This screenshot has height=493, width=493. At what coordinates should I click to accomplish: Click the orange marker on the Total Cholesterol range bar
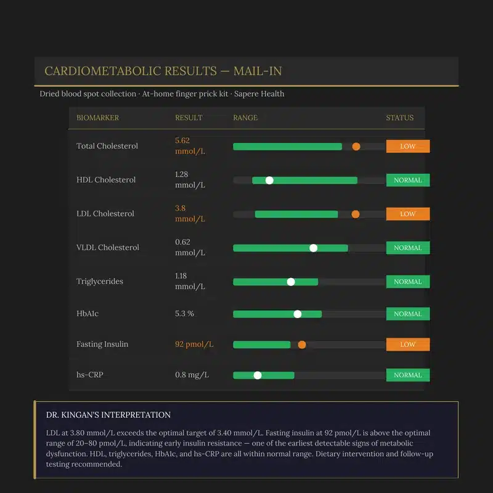356,146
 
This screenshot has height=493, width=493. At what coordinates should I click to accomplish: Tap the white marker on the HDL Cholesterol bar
269,180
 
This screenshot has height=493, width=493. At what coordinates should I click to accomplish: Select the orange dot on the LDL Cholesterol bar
356,214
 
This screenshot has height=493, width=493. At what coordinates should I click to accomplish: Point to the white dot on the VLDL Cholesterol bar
313,248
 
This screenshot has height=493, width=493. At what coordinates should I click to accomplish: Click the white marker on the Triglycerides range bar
291,282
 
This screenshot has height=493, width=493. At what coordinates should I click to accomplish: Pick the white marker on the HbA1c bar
298,314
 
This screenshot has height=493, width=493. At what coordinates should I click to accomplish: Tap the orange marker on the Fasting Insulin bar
302,344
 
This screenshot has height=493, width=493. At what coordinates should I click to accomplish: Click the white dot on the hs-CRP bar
258,375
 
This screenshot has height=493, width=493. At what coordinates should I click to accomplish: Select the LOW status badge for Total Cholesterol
407,146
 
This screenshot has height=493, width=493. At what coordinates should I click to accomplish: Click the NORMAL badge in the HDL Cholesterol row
407,180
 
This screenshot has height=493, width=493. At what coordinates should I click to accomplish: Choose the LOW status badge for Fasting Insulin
407,344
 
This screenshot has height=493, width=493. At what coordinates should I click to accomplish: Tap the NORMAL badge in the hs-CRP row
407,375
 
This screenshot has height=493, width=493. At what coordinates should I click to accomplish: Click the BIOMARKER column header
97,118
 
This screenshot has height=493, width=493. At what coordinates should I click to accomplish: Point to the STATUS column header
400,118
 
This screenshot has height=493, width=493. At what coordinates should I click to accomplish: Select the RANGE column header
245,118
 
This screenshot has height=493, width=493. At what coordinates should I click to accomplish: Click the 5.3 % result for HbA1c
184,314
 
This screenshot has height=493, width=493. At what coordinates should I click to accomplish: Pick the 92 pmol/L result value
194,344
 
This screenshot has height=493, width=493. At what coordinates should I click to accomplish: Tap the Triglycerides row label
100,282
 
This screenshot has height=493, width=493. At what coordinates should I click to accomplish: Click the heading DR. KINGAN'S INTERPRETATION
108,415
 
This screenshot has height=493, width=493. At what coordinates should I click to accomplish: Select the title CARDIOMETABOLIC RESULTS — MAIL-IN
163,71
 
